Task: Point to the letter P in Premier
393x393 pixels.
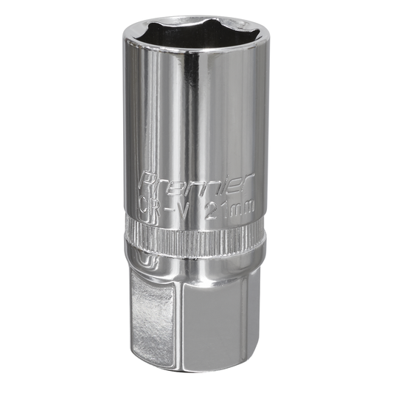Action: [147, 181]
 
